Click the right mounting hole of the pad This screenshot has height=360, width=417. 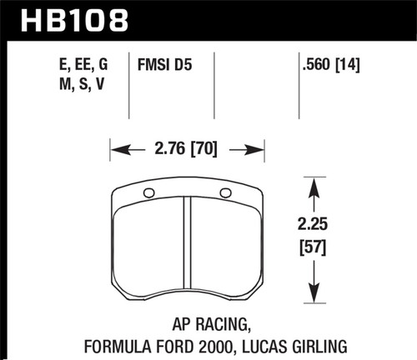click(224, 193)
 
